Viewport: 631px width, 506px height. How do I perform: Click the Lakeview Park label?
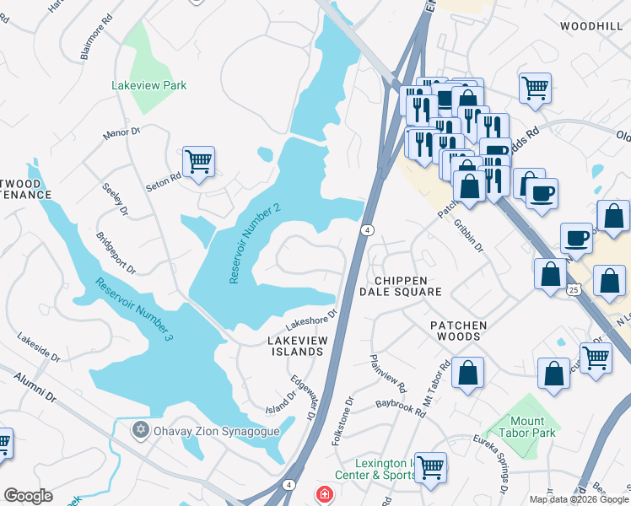149,85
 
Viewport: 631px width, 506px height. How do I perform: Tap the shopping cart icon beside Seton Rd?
198,160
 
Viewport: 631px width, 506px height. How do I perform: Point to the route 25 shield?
573,289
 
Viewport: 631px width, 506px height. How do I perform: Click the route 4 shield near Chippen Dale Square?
367,229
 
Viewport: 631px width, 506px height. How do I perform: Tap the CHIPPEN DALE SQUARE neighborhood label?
401,286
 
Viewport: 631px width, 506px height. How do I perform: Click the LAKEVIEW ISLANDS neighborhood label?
296,346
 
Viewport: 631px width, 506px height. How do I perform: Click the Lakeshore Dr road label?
311,318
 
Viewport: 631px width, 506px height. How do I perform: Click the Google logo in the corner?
28,496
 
